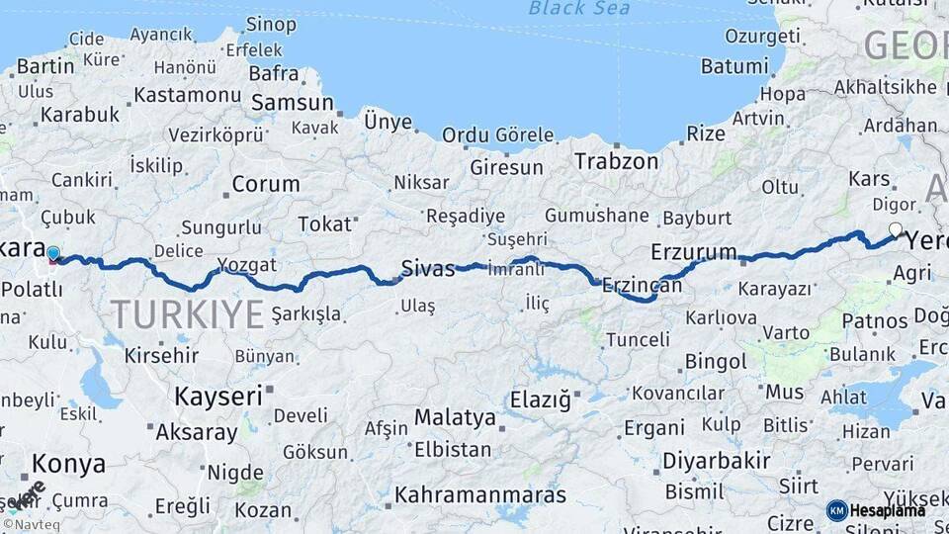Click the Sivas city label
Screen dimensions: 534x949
(427, 267)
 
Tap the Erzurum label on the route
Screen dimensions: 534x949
(694, 251)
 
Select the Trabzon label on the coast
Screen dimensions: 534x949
(616, 161)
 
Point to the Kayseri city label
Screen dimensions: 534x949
(218, 397)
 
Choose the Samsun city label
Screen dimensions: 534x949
(292, 102)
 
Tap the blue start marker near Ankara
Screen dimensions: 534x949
(53, 254)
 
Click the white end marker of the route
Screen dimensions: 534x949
(895, 230)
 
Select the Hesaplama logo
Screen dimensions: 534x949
(876, 510)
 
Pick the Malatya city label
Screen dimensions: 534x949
(455, 417)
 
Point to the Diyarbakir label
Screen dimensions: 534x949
(716, 461)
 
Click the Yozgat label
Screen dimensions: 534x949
(241, 265)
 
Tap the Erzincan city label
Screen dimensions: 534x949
(642, 284)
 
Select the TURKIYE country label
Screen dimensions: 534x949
(187, 314)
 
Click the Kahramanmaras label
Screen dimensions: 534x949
(480, 494)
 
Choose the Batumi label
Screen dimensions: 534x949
(734, 66)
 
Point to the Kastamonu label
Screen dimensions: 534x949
(187, 95)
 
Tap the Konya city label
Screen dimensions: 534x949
(68, 463)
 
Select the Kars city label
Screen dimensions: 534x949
(870, 179)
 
